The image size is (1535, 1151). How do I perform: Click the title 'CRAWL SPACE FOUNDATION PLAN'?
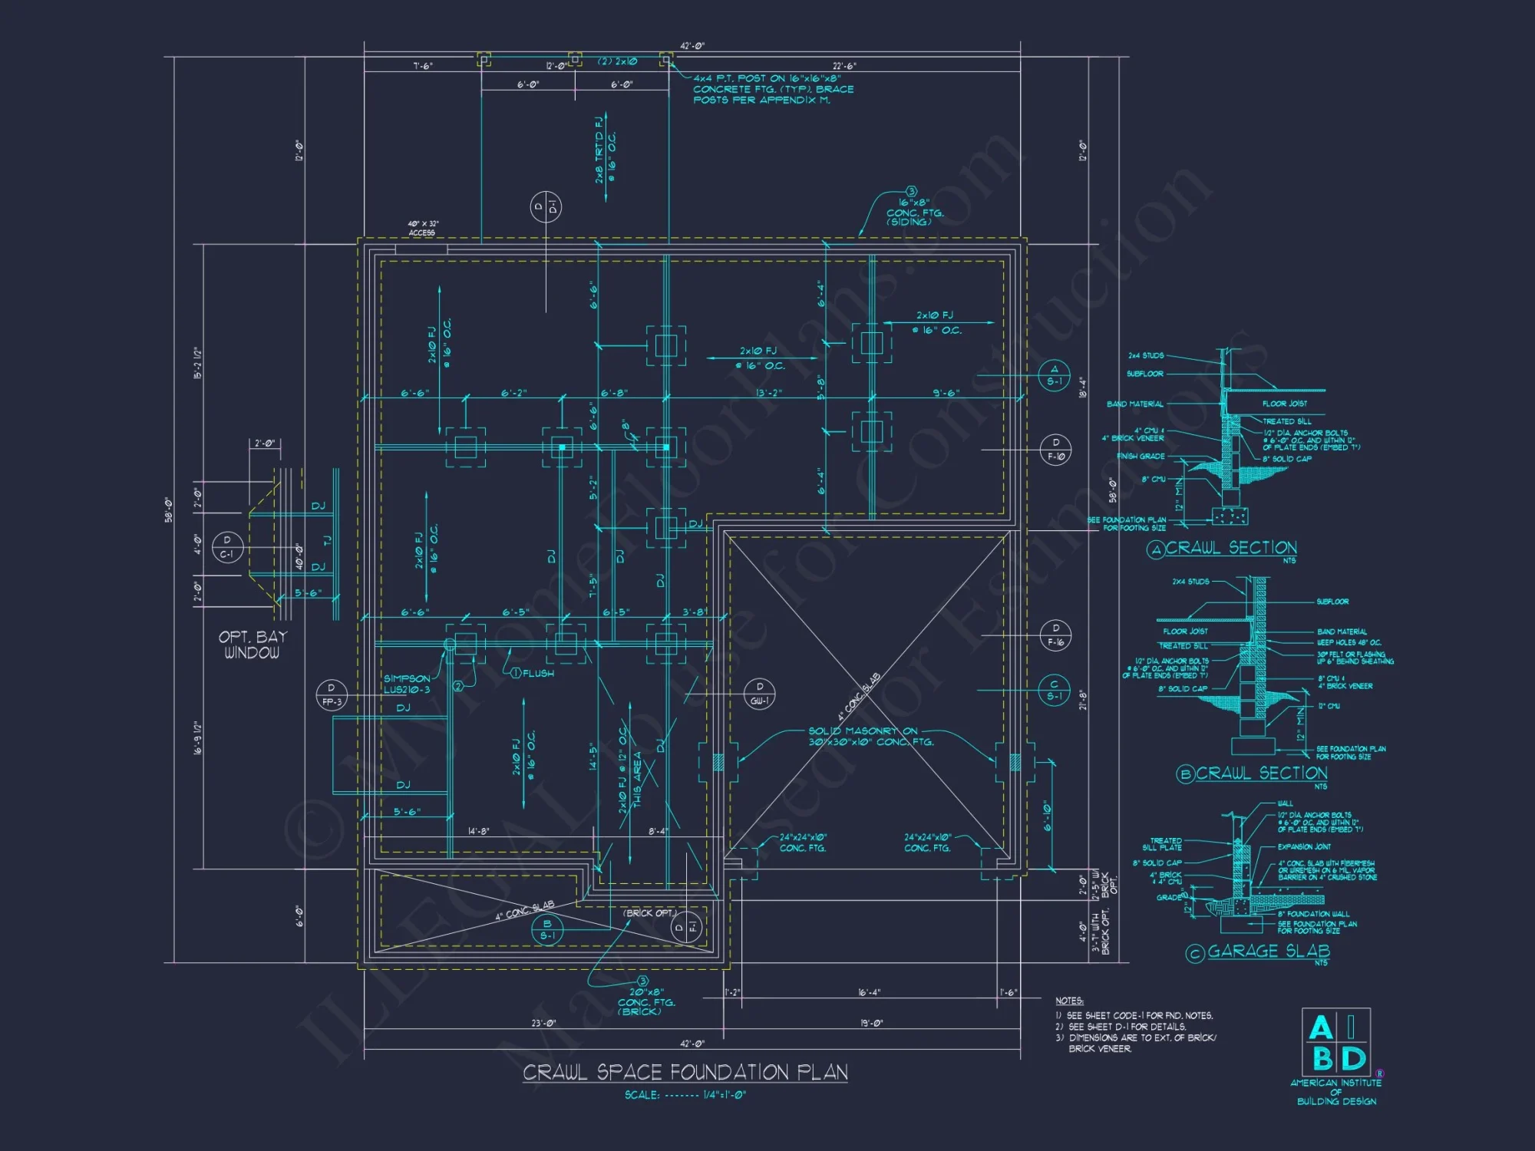[x=685, y=1072]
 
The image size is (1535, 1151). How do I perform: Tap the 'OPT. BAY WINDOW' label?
[x=252, y=645]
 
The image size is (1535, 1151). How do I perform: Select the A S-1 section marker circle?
[x=1054, y=375]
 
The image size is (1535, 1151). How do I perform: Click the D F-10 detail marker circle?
[x=1055, y=449]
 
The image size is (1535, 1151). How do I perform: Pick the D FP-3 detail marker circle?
[x=332, y=694]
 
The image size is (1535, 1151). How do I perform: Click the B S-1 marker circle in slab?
[x=547, y=929]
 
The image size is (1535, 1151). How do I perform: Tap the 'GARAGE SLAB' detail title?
[x=1268, y=951]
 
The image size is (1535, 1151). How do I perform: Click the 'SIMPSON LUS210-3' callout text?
[x=407, y=684]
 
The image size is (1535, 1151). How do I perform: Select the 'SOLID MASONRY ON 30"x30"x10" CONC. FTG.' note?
[x=870, y=737]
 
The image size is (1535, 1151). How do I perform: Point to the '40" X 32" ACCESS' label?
[x=422, y=228]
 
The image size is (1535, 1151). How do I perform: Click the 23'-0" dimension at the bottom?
[x=543, y=1023]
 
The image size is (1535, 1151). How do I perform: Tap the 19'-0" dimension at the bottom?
[x=870, y=1023]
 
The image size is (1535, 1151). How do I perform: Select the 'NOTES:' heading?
[x=1069, y=1001]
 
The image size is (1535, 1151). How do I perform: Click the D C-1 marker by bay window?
[x=227, y=547]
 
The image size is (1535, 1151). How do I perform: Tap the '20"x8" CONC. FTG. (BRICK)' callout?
[x=640, y=1002]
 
